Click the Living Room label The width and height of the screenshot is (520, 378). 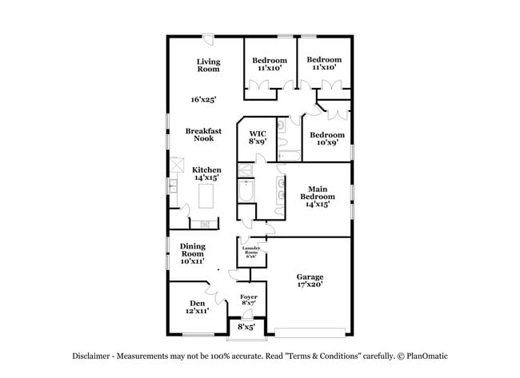pos(208,66)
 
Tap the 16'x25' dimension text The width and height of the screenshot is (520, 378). pos(204,99)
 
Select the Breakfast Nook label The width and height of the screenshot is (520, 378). pos(203,134)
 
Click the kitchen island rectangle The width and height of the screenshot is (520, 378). pos(206,196)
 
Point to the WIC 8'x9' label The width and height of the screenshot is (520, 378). pos(258,137)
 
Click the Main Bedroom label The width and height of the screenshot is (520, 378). pos(318,197)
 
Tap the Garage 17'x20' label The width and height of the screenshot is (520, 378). pos(310,281)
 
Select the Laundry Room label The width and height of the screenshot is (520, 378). pos(251,252)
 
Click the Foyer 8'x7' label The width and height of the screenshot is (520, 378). pos(249,300)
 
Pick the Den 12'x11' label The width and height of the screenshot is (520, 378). pos(198,307)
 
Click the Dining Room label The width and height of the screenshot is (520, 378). pos(193,253)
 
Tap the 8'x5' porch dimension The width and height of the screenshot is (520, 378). pos(246,327)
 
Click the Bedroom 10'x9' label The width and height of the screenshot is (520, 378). pos(327,139)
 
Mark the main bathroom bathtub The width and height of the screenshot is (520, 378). pos(246,191)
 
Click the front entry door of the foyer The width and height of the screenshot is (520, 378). pos(247,314)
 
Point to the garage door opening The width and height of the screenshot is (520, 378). pos(310,332)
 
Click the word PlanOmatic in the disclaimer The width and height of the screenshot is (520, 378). pos(427,356)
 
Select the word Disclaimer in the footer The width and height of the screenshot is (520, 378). pos(91,356)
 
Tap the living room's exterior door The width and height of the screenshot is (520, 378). pos(208,38)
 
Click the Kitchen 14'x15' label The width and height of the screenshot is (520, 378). pos(206,173)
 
